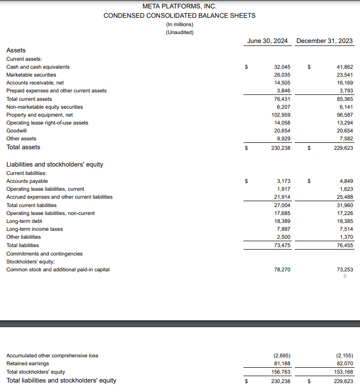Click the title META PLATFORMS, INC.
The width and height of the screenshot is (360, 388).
(x=179, y=6)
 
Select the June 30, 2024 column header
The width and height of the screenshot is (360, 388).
(x=267, y=41)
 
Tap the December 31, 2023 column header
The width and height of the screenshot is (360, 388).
(x=324, y=41)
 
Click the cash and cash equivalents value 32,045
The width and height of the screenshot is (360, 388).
(x=282, y=67)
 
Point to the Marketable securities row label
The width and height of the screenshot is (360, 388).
(x=31, y=75)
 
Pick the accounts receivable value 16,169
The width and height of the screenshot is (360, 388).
(x=345, y=83)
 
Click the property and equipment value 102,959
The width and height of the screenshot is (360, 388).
(x=280, y=115)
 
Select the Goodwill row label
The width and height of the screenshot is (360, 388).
(x=16, y=130)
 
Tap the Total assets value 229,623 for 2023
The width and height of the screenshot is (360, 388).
(x=344, y=147)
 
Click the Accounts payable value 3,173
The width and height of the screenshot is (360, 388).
(x=283, y=181)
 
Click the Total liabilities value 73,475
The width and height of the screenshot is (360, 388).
(x=282, y=245)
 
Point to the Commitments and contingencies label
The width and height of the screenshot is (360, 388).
(x=44, y=254)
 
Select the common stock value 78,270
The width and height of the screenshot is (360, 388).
(x=282, y=269)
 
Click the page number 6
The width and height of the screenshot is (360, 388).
(x=345, y=276)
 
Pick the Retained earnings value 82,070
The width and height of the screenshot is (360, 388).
(x=345, y=363)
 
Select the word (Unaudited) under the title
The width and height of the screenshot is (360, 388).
(x=179, y=33)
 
